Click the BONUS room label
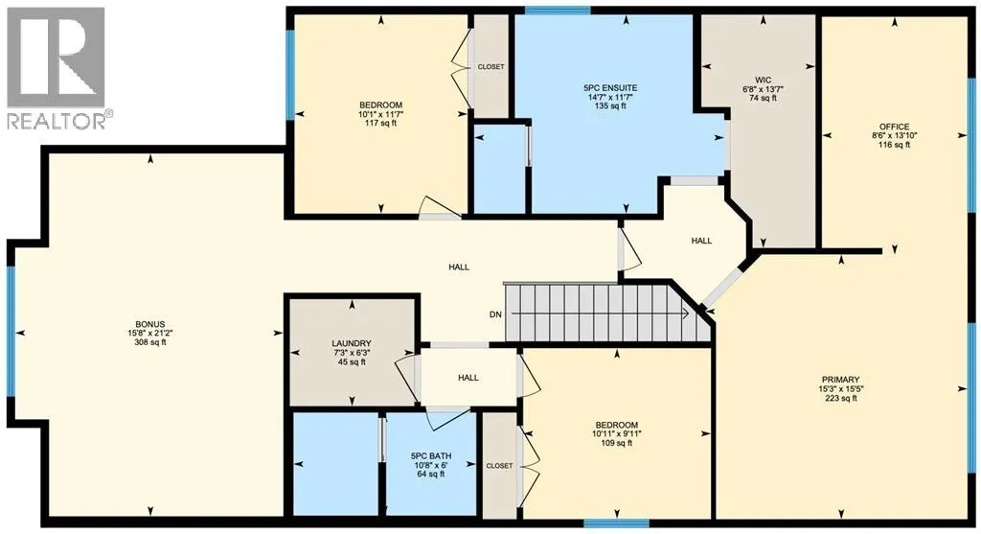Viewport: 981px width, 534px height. coord(150,324)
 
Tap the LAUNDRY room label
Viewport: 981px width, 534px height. coord(351,343)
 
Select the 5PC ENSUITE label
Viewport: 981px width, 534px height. coord(610,88)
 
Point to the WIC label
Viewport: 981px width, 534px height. coord(763,81)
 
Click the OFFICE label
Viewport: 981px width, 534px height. coord(894,127)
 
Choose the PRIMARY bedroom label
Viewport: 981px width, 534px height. coord(841,380)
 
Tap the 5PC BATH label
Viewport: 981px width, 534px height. coord(431,455)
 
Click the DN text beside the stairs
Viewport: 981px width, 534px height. coord(495,314)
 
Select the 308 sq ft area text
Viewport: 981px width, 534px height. coord(150,342)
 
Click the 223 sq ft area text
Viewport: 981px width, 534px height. coord(841,398)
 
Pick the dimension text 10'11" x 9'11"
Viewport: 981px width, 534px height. coord(616,434)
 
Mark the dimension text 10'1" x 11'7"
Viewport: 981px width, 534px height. coord(380,114)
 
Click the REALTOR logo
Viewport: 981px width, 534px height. coord(57,68)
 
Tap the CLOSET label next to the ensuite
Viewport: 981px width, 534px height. coord(490,67)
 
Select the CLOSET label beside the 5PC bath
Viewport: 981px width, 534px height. coord(499,466)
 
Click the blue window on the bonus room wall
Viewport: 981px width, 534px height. coord(11,331)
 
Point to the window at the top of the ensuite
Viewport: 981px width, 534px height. coord(558,10)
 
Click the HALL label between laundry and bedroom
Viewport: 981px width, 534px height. coord(468,378)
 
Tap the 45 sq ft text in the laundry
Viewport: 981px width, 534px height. coord(351,361)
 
